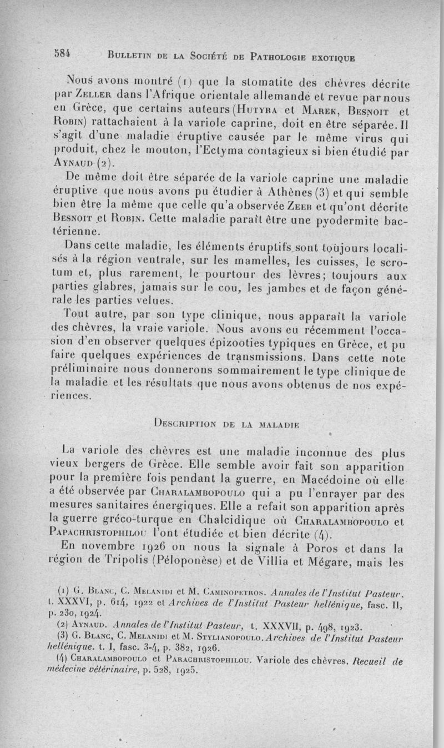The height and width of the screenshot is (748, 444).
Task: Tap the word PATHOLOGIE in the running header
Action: [x=280, y=55]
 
